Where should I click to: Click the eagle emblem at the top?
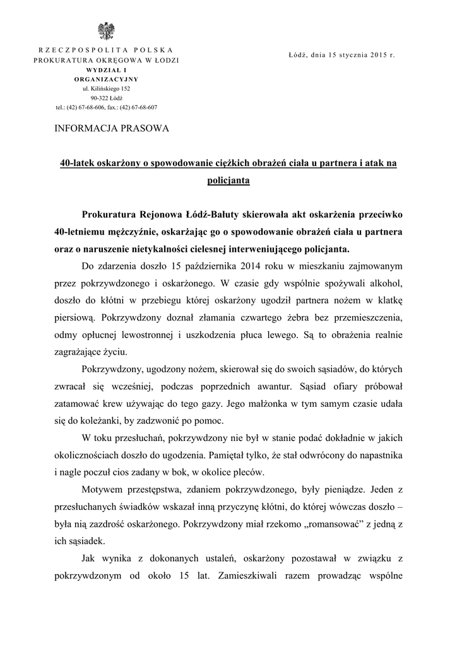tap(105, 30)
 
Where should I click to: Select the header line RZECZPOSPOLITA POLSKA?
tap(106, 50)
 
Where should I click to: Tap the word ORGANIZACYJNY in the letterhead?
tap(106, 79)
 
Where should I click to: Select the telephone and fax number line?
tap(106, 107)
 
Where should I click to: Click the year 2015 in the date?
tap(379, 56)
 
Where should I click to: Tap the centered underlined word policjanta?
tap(228, 181)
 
